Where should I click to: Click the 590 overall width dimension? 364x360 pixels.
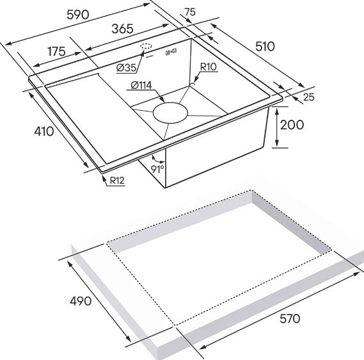pyautogui.click(x=78, y=15)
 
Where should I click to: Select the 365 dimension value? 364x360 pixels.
pyautogui.click(x=122, y=29)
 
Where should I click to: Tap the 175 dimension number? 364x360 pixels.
pyautogui.click(x=57, y=51)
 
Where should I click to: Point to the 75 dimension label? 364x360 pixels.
pyautogui.click(x=191, y=12)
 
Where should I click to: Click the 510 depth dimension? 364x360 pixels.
pyautogui.click(x=265, y=47)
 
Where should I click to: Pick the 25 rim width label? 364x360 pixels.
pyautogui.click(x=309, y=97)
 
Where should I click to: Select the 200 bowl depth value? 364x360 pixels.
pyautogui.click(x=292, y=125)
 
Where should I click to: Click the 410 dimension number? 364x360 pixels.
pyautogui.click(x=44, y=131)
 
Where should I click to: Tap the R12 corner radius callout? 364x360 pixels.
pyautogui.click(x=117, y=181)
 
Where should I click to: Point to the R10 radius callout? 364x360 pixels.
pyautogui.click(x=209, y=67)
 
